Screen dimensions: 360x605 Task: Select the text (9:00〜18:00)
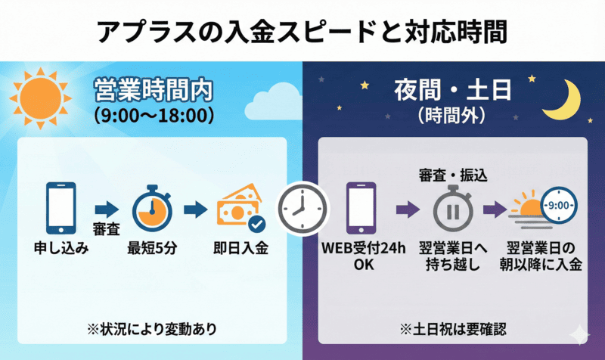tap(153, 116)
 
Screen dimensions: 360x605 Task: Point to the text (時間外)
tap(452, 116)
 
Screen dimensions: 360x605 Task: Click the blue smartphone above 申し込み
tap(60, 206)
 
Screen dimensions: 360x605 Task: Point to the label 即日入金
tap(239, 248)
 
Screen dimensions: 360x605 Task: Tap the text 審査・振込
tap(452, 175)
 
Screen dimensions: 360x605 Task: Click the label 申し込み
tap(61, 248)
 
